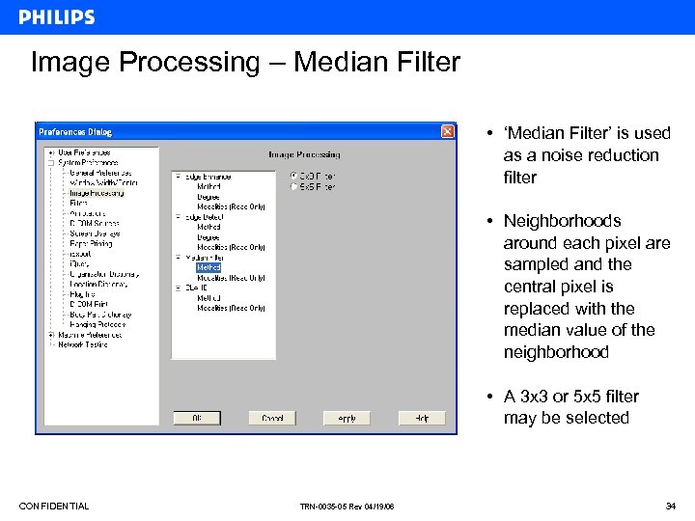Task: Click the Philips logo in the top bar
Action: coord(57,16)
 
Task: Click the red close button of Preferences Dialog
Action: coord(448,131)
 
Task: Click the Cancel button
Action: coord(272,418)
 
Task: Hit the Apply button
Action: coord(347,418)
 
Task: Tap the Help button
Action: coord(422,418)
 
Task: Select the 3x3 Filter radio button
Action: coord(294,177)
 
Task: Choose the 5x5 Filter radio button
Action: coord(294,186)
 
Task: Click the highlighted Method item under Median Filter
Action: coord(208,267)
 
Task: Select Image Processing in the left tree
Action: coord(97,193)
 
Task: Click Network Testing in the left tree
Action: coord(83,344)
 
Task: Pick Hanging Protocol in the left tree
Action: coord(98,324)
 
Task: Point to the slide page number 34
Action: coord(670,507)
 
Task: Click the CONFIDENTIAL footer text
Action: coord(54,507)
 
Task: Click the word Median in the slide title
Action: coord(335,63)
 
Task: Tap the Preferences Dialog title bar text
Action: coord(74,131)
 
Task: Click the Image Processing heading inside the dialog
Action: coord(304,154)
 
